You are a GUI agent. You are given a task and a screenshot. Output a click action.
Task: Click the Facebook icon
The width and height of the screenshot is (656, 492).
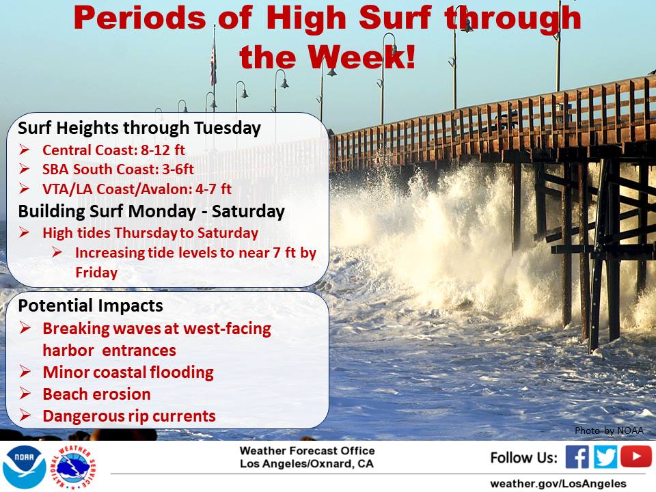coord(577,456)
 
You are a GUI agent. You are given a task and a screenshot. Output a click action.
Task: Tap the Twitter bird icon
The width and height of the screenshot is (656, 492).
coord(605,456)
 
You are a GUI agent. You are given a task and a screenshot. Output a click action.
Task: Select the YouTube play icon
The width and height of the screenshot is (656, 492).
coord(636,456)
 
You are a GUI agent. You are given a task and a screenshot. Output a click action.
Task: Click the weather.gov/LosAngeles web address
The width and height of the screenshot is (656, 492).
coord(558,484)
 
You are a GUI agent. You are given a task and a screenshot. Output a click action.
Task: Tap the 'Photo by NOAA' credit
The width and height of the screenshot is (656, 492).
coord(609,430)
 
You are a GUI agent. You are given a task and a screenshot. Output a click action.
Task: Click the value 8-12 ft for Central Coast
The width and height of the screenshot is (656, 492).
coord(163,150)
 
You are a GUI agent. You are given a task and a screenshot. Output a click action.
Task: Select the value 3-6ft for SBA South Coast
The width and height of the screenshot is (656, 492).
coord(178,169)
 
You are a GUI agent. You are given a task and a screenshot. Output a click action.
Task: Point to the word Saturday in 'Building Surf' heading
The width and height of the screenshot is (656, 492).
coord(248,211)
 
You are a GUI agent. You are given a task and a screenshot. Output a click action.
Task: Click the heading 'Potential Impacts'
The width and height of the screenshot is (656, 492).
coord(90,306)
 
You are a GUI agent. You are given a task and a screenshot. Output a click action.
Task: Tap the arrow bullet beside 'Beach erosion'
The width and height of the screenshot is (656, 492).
coord(25,394)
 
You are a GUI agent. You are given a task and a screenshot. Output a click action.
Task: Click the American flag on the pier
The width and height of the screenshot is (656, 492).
coord(213,63)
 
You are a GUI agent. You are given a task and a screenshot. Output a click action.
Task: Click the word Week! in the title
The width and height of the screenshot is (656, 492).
coord(361,57)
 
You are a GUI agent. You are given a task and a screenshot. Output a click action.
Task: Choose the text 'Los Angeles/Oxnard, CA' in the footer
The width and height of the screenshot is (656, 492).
coord(307,464)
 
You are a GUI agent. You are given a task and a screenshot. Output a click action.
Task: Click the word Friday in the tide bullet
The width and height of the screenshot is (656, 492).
coord(96,273)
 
